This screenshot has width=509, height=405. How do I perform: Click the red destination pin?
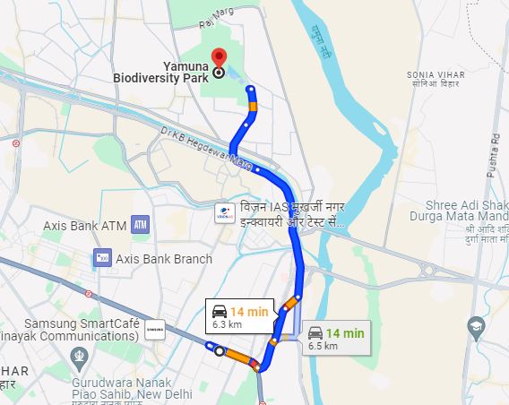coord(217,61)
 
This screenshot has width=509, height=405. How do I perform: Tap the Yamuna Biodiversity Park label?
coord(161,71)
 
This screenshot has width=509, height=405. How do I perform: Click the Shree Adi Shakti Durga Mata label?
coord(458,209)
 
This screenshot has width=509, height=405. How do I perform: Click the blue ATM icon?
coord(139,225)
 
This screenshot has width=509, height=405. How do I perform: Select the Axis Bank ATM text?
coord(84,226)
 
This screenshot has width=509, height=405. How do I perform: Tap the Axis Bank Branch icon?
coord(100,259)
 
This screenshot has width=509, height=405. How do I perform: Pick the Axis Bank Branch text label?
coord(164,259)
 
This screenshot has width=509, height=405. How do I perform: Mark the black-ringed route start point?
coord(220,351)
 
